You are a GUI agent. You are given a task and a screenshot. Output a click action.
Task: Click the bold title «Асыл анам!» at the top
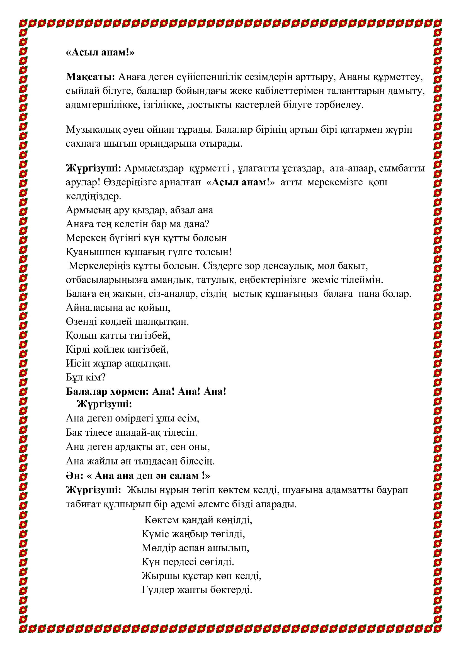100,52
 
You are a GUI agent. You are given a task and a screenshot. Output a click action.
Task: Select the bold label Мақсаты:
90,77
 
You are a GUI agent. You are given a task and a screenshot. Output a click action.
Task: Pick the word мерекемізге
335,182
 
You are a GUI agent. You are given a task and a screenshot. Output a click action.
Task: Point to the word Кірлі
74,349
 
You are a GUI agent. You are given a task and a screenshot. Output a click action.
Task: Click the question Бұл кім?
86,377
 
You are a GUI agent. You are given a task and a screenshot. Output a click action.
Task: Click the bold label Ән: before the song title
74,476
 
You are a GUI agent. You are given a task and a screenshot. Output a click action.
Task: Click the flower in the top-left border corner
23,23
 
